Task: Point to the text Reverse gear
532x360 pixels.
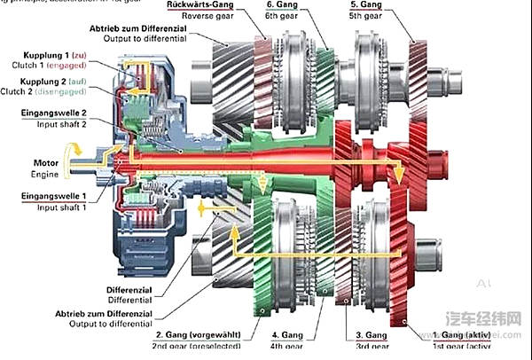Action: tap(197, 15)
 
